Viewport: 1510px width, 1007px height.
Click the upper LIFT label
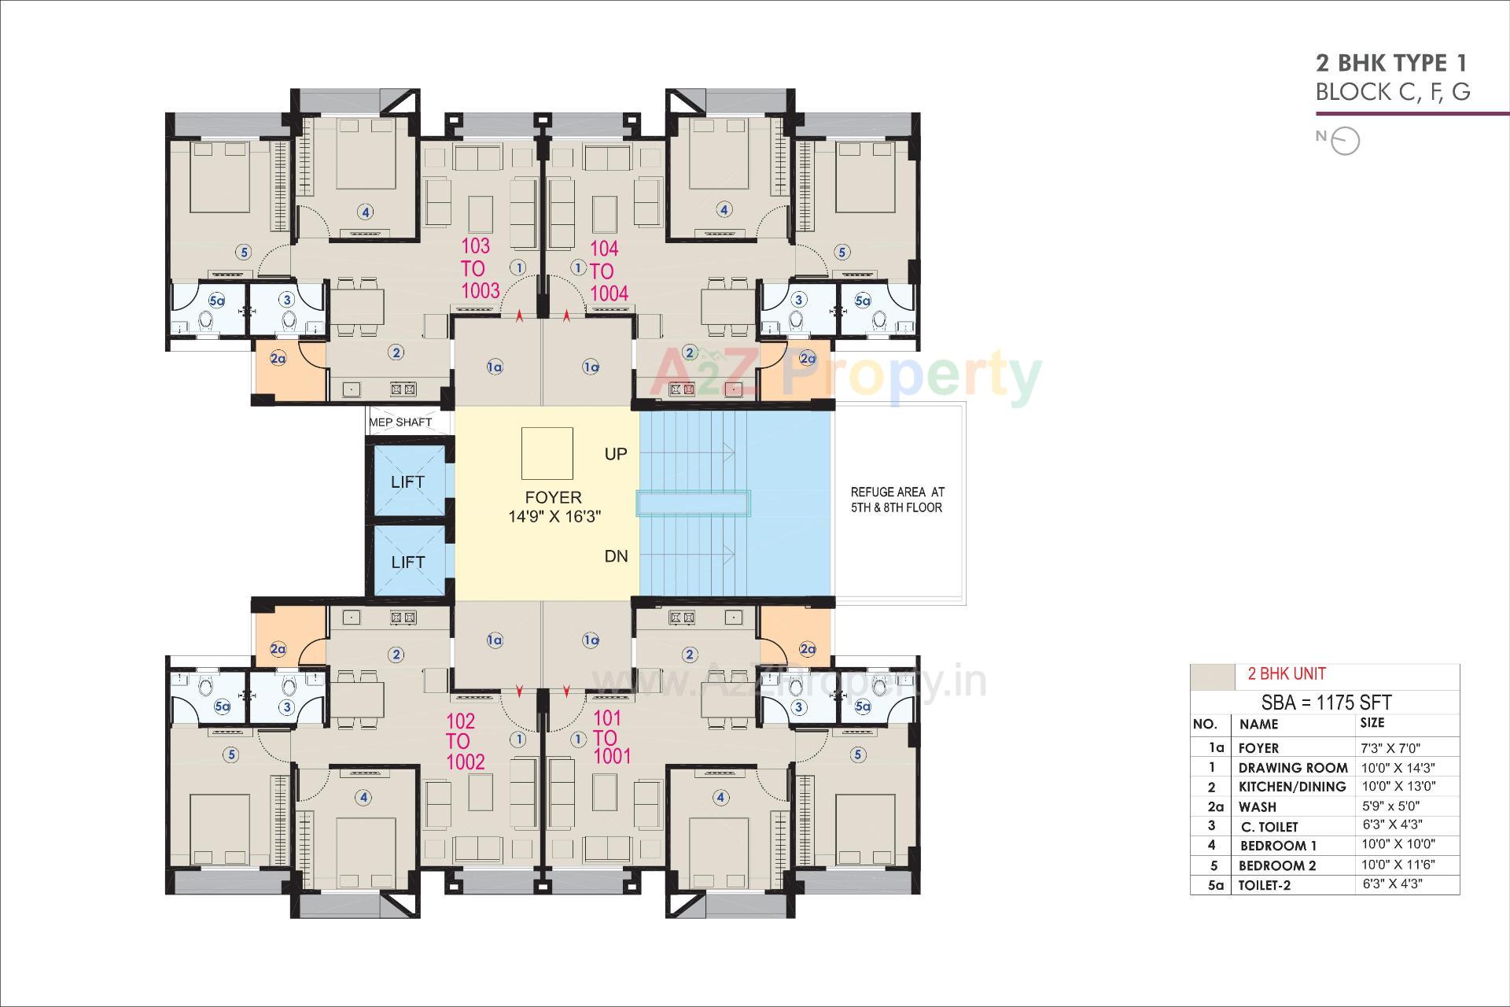(x=407, y=481)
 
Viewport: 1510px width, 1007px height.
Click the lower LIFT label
(x=407, y=562)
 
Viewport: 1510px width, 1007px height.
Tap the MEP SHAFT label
(x=400, y=422)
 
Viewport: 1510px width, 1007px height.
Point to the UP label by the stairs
(x=616, y=454)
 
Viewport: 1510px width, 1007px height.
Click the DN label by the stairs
(x=616, y=556)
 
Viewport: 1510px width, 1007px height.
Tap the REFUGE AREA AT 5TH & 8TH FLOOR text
(x=897, y=500)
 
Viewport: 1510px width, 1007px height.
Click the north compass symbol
(x=1346, y=141)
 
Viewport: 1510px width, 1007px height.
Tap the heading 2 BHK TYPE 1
(x=1391, y=63)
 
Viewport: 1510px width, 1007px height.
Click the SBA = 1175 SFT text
(x=1326, y=703)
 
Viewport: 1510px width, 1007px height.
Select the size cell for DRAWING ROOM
(x=1398, y=767)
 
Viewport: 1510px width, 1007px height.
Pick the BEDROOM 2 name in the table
(x=1276, y=865)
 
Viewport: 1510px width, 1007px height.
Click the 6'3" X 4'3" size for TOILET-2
(x=1392, y=883)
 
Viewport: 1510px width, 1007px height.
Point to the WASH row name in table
(x=1257, y=806)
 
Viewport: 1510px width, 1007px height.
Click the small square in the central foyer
(x=547, y=453)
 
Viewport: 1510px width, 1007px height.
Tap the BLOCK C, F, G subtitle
(x=1392, y=92)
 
